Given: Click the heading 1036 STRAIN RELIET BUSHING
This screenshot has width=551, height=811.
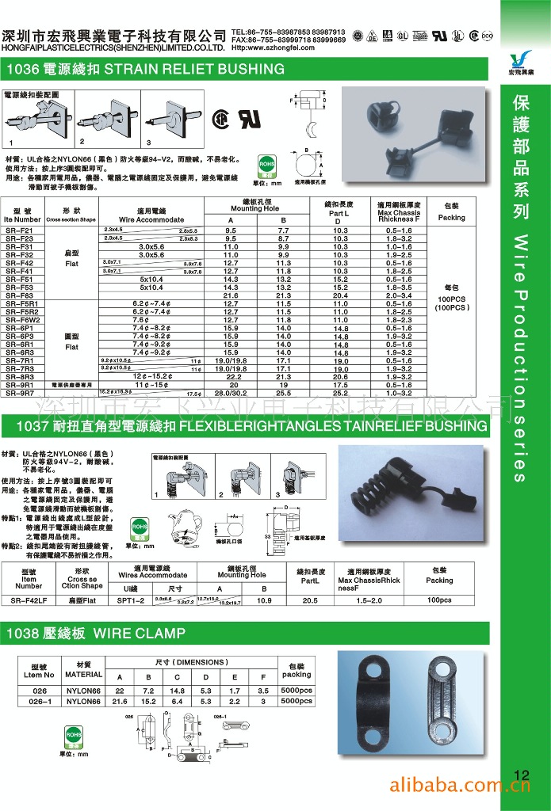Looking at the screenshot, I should [x=145, y=70].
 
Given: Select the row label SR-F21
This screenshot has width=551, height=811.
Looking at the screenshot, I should [x=19, y=230].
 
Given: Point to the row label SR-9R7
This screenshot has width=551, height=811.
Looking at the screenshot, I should [x=19, y=393].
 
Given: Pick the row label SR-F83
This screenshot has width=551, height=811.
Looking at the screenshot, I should [x=19, y=295].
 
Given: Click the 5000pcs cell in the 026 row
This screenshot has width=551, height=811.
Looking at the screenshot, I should [x=297, y=691].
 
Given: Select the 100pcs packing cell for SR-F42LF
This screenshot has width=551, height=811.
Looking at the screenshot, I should [x=438, y=601].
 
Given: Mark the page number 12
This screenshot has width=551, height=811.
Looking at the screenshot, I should [x=521, y=775].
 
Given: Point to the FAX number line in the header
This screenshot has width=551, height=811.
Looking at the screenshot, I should [x=288, y=40].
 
